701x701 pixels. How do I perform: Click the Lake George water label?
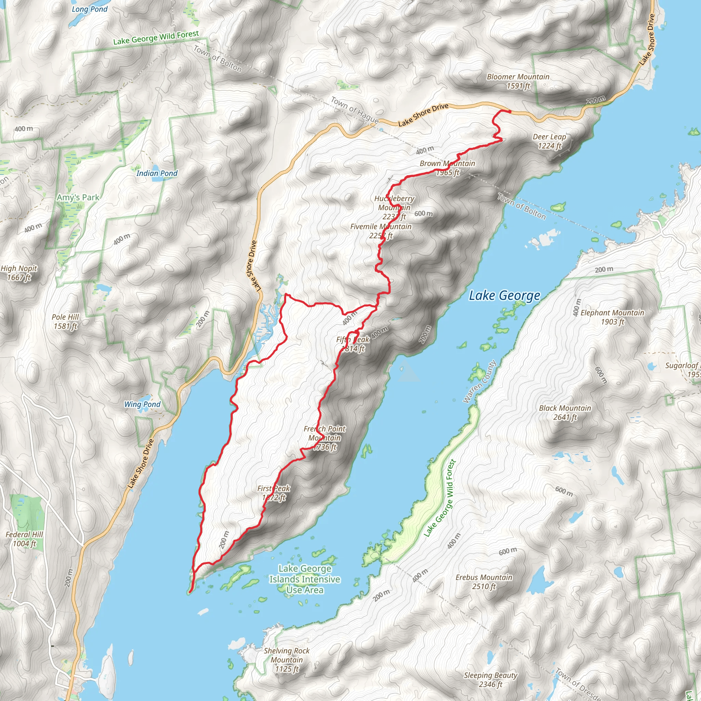coord(504,296)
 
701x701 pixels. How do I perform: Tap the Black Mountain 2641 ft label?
coord(565,412)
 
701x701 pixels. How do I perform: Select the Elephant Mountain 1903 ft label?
coord(612,317)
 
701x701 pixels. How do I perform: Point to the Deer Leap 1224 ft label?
coord(549,141)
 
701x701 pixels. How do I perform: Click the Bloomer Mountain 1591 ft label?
coord(518,81)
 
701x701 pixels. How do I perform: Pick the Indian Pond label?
coord(157,174)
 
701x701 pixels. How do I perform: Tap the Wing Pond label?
coord(142,404)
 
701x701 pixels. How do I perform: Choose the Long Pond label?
coord(90,9)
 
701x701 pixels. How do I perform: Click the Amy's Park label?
coord(78,197)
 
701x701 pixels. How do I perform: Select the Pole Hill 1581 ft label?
coord(65,321)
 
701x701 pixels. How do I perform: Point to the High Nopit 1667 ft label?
coord(19,273)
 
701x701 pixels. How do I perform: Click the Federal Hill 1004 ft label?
coord(24,539)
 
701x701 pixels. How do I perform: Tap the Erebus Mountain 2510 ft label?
coord(484,582)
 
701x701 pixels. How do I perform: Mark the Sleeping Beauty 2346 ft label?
coord(490,679)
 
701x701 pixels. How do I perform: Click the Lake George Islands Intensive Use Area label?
coord(305,579)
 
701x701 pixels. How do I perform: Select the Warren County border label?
coord(479,382)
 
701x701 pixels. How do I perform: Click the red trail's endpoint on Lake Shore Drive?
coord(510,112)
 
